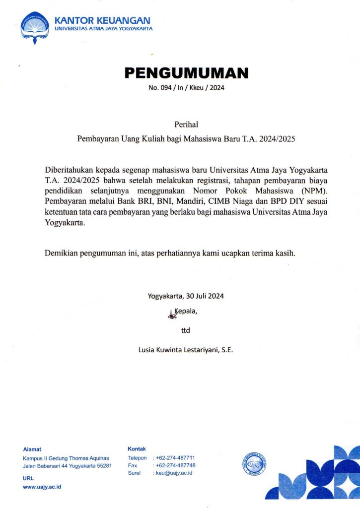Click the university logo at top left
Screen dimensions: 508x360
(35, 28)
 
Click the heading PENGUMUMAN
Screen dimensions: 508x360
(186, 73)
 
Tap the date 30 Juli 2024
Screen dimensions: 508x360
(205, 297)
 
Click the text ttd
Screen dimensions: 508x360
(186, 330)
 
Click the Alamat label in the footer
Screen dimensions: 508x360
(32, 449)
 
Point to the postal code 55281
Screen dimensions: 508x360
(102, 466)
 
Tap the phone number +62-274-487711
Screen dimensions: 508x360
(175, 458)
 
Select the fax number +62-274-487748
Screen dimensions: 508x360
(175, 465)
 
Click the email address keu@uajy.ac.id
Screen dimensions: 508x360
(174, 473)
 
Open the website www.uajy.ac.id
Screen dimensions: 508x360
(42, 487)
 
